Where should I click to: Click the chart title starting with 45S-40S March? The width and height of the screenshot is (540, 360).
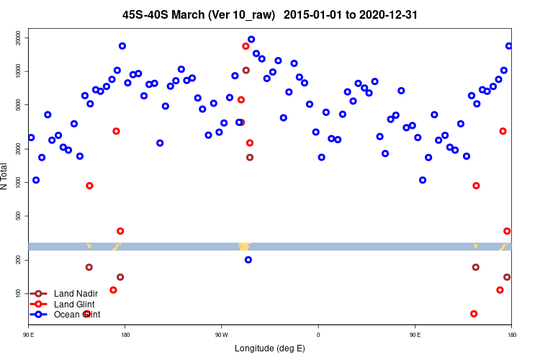[270, 14]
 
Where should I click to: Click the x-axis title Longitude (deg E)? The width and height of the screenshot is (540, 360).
[270, 348]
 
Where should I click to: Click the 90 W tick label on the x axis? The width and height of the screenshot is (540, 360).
[221, 335]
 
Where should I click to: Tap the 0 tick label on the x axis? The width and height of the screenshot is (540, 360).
[318, 335]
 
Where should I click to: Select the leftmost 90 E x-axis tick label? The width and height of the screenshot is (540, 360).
[29, 335]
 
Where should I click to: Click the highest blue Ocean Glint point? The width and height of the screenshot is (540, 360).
[251, 40]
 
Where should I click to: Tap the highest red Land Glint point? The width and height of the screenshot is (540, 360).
[246, 46]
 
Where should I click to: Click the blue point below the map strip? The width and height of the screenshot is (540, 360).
[248, 260]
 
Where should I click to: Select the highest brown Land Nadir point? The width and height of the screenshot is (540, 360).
[246, 71]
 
